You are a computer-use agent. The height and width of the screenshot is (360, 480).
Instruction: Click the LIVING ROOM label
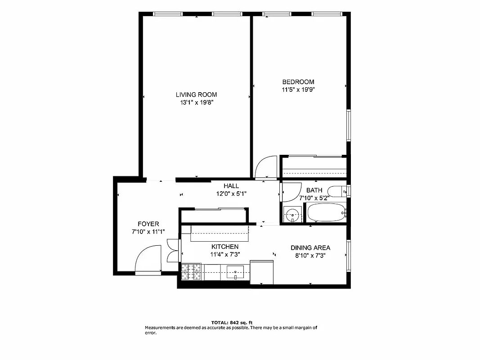196,94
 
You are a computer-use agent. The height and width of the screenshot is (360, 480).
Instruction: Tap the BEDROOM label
298,82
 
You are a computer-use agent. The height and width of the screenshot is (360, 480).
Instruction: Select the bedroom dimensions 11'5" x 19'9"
298,90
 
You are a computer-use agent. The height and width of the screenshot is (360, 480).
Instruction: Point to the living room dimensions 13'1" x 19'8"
196,102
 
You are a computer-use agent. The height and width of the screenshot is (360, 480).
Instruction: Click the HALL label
231,186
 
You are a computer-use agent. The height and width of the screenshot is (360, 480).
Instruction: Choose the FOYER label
148,224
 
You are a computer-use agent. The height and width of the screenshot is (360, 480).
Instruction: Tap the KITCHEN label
225,247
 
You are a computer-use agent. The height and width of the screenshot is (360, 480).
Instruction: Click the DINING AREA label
310,247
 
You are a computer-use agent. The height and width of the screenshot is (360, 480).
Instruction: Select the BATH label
314,190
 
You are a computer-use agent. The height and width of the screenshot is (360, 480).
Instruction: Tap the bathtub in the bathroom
325,212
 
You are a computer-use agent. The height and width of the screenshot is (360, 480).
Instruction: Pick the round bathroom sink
293,215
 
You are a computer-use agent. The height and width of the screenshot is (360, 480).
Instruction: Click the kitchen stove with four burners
191,271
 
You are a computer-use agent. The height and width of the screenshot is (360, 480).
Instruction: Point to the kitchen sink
235,271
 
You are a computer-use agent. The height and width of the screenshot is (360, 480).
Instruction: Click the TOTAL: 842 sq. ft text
232,322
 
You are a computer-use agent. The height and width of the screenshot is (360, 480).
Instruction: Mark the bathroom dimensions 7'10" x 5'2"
314,197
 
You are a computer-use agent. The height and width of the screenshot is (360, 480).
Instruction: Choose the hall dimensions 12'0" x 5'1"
231,193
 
